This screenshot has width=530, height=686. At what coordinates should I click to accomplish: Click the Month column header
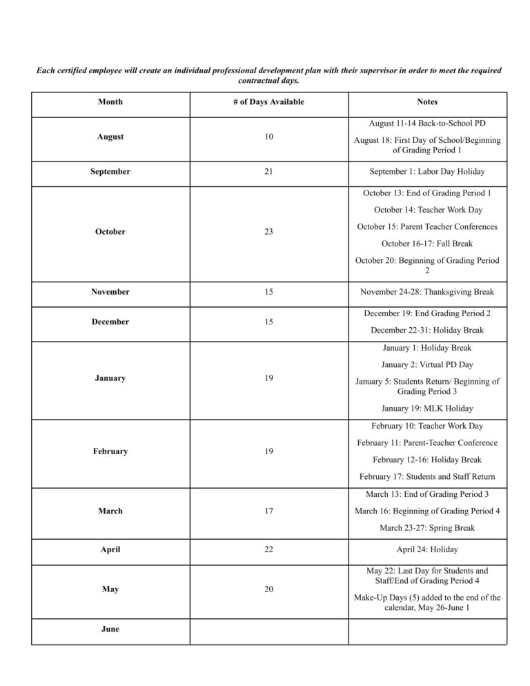[x=110, y=102]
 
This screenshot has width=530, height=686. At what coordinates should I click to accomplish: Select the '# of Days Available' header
[x=268, y=102]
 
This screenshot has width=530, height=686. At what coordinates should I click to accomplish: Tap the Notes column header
[x=427, y=102]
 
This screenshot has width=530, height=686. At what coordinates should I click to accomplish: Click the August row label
[x=110, y=137]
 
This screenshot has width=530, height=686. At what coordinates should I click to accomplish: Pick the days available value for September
[x=268, y=172]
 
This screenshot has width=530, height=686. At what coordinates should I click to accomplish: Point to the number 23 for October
[x=268, y=232]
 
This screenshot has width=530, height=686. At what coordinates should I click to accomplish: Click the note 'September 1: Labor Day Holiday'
[x=427, y=172]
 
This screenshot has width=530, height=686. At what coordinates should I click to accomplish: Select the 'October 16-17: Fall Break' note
[x=427, y=244]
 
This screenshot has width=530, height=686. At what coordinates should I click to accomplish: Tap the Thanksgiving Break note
[x=427, y=292]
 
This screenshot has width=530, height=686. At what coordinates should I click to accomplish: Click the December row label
[x=110, y=322]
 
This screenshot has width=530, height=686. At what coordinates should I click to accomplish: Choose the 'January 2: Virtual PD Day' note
[x=427, y=364]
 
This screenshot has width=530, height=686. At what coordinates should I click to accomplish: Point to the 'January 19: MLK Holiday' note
[x=427, y=409]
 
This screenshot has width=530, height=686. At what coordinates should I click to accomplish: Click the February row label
[x=110, y=451]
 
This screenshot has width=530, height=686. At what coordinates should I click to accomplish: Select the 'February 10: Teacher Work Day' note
[x=427, y=427]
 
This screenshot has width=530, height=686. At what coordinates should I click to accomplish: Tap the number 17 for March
[x=268, y=511]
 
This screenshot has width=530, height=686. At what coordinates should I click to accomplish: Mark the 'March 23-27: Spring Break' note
[x=427, y=528]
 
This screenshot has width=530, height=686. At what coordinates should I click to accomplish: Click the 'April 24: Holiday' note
[x=427, y=550]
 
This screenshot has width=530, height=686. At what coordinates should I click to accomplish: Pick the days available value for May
[x=268, y=589]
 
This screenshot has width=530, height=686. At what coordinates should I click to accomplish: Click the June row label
[x=110, y=629]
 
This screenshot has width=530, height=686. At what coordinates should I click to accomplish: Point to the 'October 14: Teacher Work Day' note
[x=427, y=210]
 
